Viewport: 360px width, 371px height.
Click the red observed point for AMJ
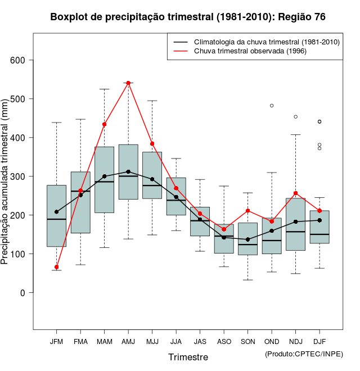coord(128,83)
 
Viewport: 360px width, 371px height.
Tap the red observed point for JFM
coord(56,267)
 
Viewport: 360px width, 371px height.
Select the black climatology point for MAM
coord(105,177)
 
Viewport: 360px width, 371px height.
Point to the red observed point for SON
coord(248,211)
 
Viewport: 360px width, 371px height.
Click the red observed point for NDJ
coord(296,193)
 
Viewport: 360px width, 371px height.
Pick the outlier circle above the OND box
coord(272,106)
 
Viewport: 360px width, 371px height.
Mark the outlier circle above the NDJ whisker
coord(296,117)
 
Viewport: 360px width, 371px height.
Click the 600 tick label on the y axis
coord(23,60)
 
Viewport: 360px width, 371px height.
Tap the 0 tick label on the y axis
coord(23,293)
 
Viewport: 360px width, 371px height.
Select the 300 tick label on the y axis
coord(23,177)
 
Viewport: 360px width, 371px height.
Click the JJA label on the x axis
coord(176,342)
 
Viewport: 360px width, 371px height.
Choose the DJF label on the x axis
coord(319,342)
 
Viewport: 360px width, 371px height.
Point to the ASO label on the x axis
coord(224,342)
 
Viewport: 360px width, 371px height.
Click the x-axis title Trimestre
coord(188,357)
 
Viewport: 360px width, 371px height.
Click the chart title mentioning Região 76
coord(188,17)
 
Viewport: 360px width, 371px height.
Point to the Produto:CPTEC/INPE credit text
coord(304,354)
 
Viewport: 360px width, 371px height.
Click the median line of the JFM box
coord(56,219)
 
